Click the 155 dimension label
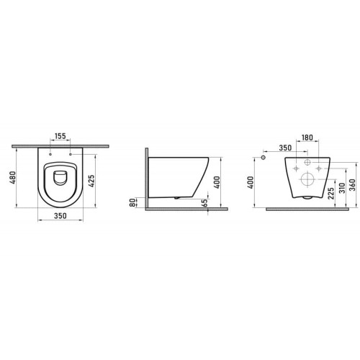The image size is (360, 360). pyautogui.click(x=60, y=136)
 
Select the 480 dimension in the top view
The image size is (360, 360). pyautogui.click(x=12, y=177)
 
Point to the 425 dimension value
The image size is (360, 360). pyautogui.click(x=91, y=181)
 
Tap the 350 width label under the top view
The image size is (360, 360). pyautogui.click(x=60, y=216)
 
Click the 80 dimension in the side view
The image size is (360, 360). pyautogui.click(x=132, y=202)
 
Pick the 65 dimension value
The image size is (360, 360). pyautogui.click(x=204, y=203)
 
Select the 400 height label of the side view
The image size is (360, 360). pyautogui.click(x=217, y=182)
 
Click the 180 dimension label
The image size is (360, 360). pyautogui.click(x=307, y=138)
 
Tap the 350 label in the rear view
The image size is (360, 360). pyautogui.click(x=285, y=148)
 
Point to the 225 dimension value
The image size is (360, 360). pyautogui.click(x=330, y=194)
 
